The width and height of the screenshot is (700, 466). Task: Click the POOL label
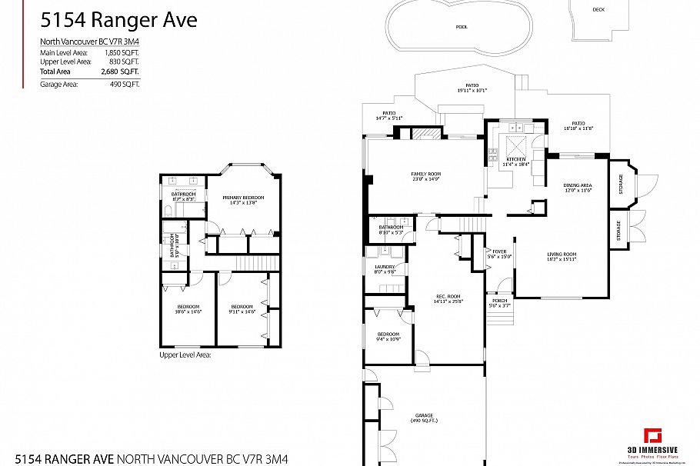pyautogui.click(x=461, y=27)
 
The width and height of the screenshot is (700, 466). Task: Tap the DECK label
pyautogui.click(x=598, y=9)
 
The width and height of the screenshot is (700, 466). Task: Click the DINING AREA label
pyautogui.click(x=578, y=185)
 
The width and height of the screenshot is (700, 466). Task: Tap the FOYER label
pyautogui.click(x=499, y=251)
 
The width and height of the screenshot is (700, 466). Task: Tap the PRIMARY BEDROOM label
pyautogui.click(x=243, y=198)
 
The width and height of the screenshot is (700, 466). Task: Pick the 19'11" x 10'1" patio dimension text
pyautogui.click(x=472, y=90)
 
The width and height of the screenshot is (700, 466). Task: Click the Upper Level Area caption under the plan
pyautogui.click(x=185, y=355)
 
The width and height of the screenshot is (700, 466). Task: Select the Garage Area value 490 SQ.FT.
pyautogui.click(x=125, y=83)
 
